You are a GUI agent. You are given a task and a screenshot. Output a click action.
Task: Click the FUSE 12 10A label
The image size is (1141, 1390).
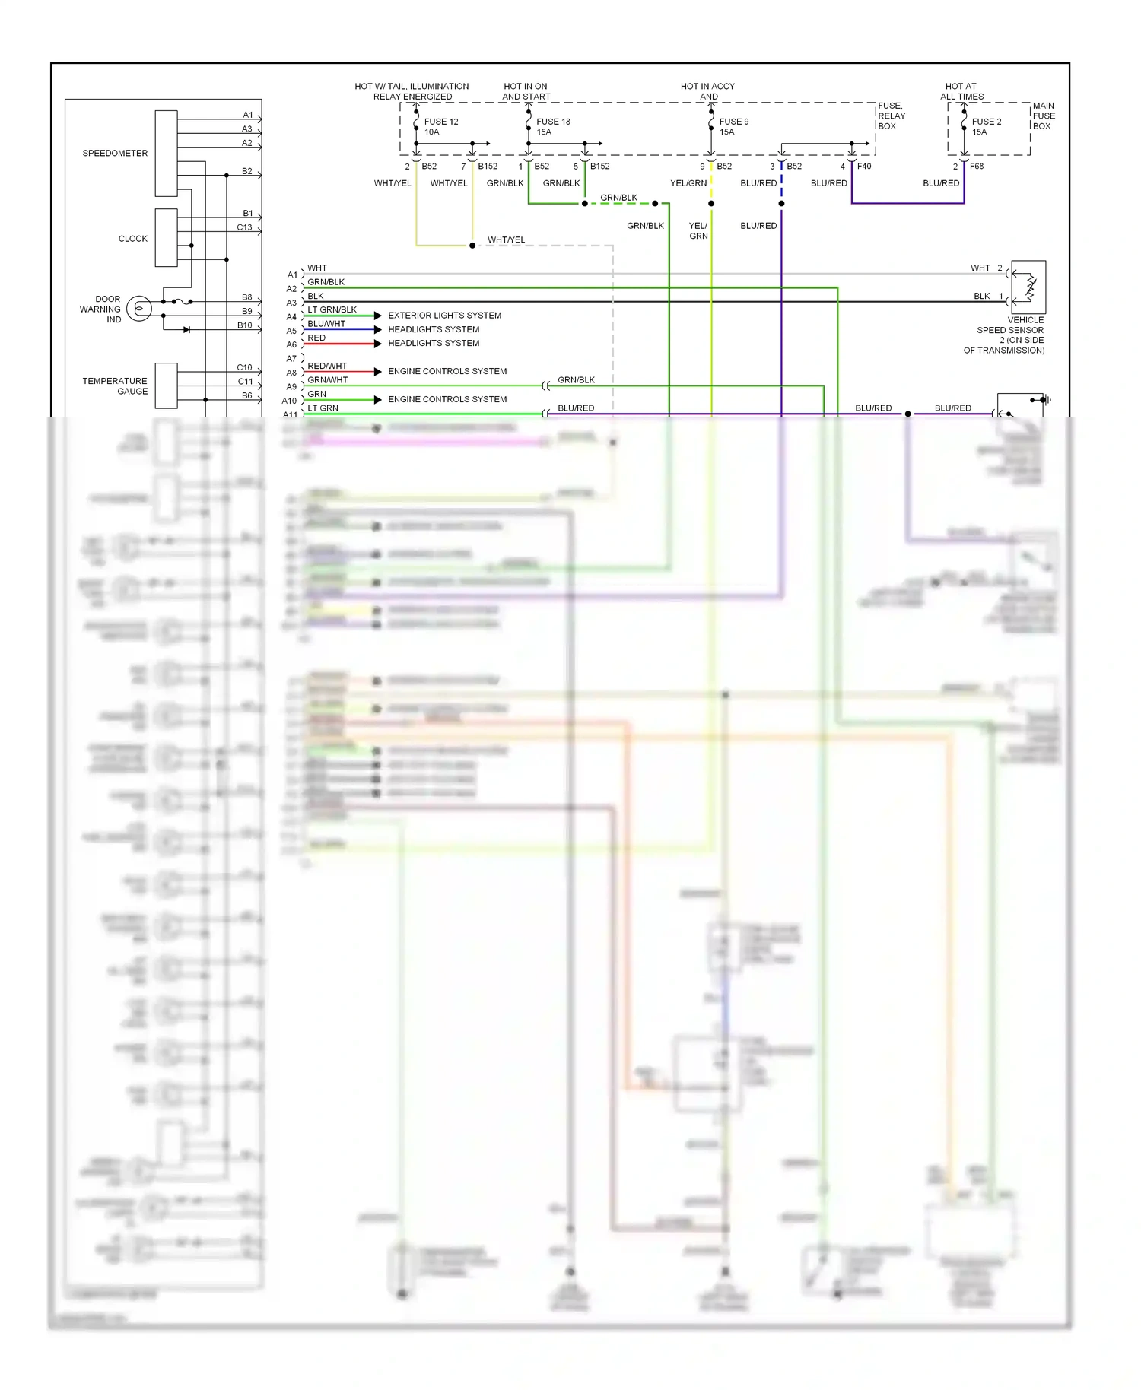440,126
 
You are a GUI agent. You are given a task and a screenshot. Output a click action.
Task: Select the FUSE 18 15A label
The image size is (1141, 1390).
553,126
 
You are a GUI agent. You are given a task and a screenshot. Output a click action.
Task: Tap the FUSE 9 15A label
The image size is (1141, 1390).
733,126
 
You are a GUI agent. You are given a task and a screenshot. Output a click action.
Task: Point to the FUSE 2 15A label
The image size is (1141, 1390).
986,126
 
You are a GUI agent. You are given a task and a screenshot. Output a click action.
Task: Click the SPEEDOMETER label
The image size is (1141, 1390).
115,153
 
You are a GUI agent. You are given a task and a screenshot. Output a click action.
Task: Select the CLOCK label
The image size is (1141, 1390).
132,238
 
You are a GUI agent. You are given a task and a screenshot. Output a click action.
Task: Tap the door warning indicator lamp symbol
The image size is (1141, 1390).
139,308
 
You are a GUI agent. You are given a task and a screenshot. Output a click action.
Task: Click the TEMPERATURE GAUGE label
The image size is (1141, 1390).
116,386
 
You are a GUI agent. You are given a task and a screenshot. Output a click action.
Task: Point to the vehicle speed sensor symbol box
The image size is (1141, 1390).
1028,287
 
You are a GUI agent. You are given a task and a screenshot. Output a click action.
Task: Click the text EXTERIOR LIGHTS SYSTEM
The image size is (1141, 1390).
444,315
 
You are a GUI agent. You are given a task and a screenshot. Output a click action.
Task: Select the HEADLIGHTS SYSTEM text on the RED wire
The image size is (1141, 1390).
434,343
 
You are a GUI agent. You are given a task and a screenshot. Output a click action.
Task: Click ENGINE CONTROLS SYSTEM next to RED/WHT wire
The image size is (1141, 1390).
447,371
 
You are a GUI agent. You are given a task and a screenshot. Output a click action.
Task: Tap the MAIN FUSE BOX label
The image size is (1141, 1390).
1044,116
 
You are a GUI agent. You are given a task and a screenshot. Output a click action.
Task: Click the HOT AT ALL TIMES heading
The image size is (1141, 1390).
961,91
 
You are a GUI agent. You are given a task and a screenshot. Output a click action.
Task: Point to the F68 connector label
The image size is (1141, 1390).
977,166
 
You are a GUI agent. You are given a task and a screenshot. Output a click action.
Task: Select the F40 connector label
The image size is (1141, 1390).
864,166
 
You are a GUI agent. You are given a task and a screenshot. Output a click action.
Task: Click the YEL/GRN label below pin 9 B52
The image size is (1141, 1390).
688,183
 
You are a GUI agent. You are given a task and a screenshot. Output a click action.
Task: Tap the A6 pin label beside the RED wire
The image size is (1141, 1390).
291,344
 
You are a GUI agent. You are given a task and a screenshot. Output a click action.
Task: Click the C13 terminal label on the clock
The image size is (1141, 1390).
244,227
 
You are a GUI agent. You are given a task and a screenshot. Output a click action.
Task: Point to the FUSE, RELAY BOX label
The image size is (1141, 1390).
892,116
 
